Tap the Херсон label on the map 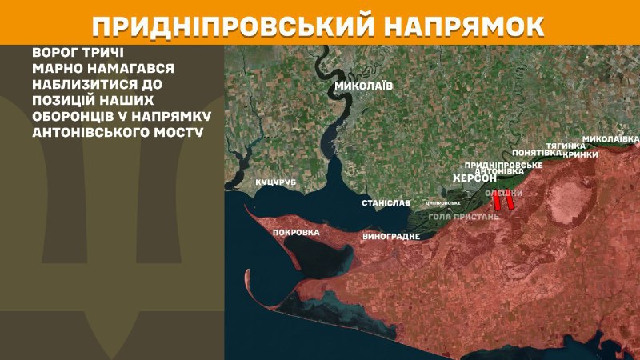(x=474, y=178)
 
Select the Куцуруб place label (x=275, y=183)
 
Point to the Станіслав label (x=386, y=203)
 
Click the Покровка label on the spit (x=296, y=233)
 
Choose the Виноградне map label (x=391, y=237)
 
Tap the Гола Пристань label (x=464, y=216)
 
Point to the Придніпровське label (x=504, y=164)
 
